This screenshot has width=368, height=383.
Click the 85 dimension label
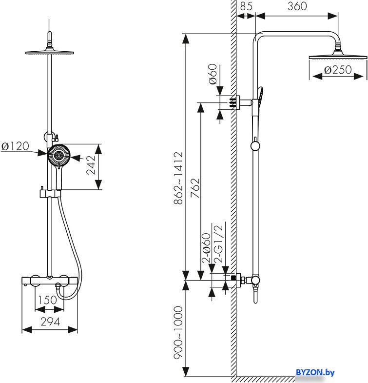click(246, 6)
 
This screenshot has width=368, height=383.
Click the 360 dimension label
click(297, 6)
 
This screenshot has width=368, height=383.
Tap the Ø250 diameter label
click(338, 70)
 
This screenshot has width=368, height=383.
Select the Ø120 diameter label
click(15, 146)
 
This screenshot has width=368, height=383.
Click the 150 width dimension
click(48, 300)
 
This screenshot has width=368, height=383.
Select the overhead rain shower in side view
click(336, 58)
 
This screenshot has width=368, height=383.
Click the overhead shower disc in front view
click(50, 52)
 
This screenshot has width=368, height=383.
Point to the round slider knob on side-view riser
click(254, 145)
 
